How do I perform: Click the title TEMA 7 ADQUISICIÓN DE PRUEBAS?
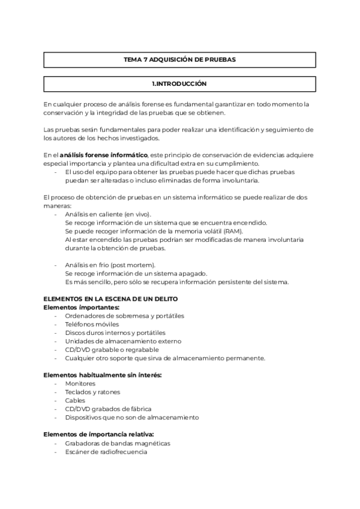pyautogui.click(x=179, y=60)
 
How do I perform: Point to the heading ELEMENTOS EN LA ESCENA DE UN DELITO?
pyautogui.click(x=110, y=299)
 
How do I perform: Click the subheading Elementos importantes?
pyautogui.click(x=82, y=307)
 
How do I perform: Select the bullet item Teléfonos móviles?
pyautogui.click(x=92, y=324)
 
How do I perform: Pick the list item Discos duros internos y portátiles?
pyautogui.click(x=115, y=333)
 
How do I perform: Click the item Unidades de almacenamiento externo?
pyautogui.click(x=118, y=341)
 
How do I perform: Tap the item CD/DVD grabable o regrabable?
pyautogui.click(x=112, y=349)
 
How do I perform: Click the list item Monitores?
pyautogui.click(x=81, y=383)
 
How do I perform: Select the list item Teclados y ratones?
pyautogui.click(x=92, y=392)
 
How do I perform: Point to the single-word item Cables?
pyautogui.click(x=76, y=400)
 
